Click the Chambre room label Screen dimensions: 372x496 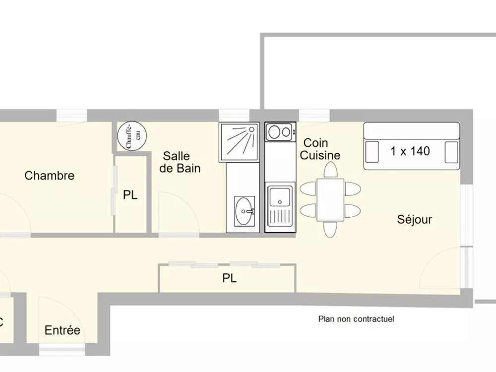(x=50, y=176)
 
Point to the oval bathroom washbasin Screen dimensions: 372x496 (x=244, y=211)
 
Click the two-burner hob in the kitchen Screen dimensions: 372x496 (x=280, y=132)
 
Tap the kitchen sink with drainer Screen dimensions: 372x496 (x=280, y=207)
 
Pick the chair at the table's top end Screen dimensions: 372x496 (x=330, y=170)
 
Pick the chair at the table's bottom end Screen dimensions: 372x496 (x=330, y=229)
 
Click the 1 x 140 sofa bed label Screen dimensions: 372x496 (x=410, y=151)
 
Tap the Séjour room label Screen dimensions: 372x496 (x=415, y=219)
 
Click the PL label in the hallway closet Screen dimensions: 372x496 (x=229, y=279)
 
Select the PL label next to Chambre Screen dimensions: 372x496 (x=130, y=195)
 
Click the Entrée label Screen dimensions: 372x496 (x=62, y=330)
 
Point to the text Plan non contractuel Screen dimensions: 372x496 (x=356, y=319)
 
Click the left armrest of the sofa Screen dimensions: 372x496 (x=371, y=152)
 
